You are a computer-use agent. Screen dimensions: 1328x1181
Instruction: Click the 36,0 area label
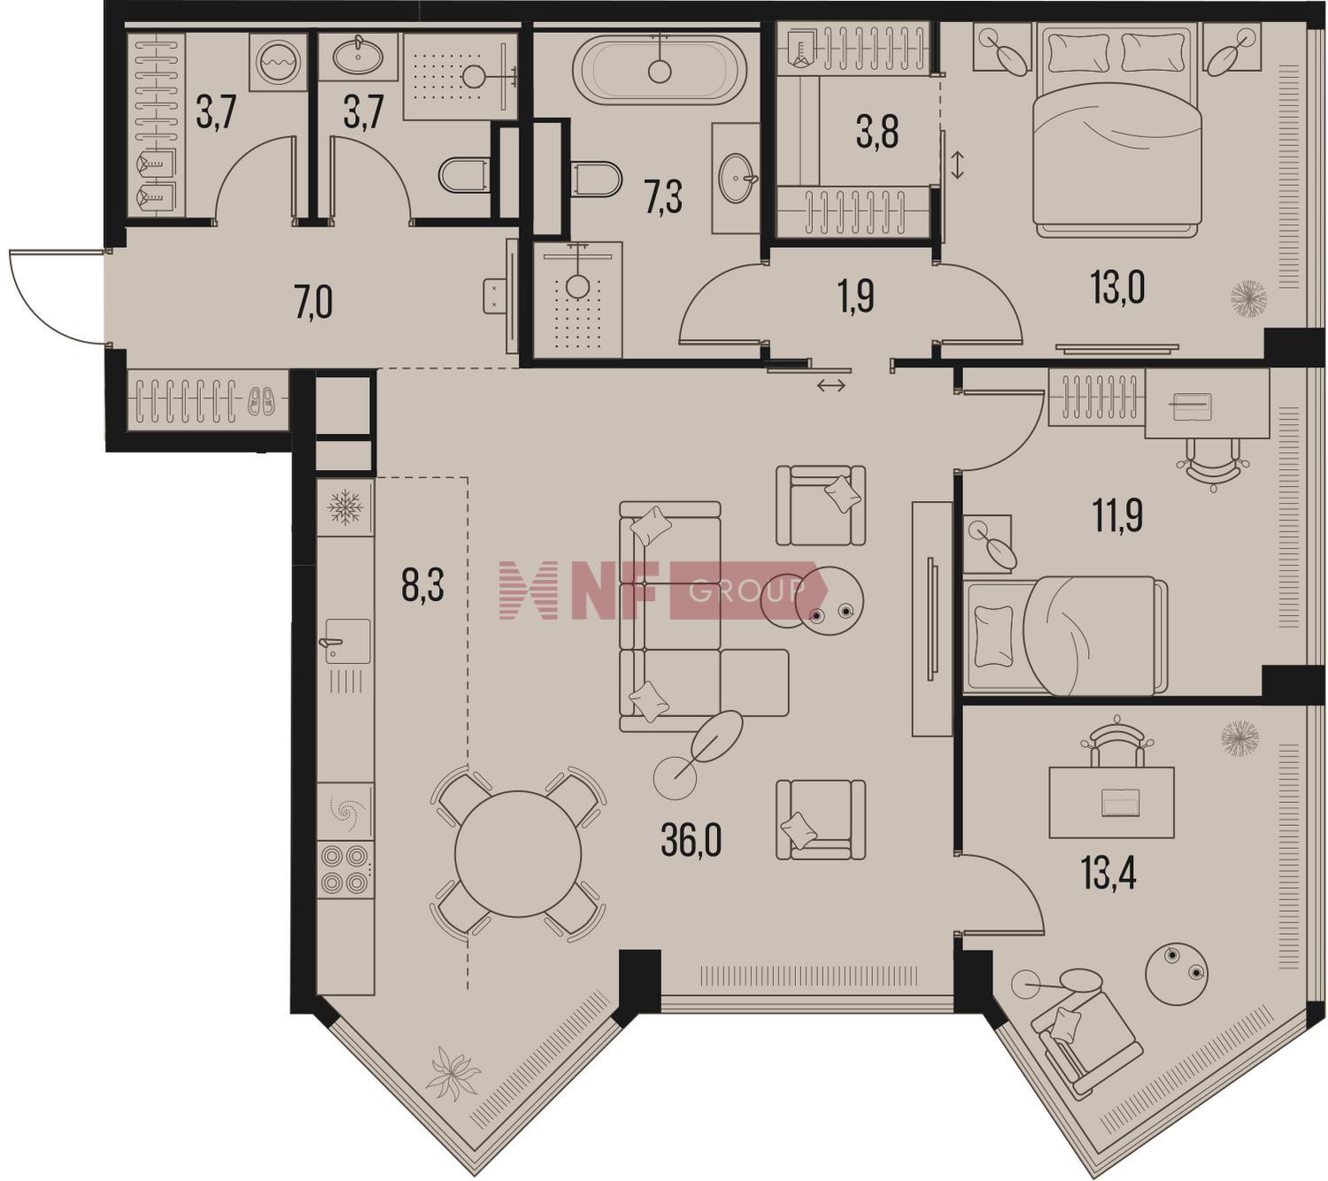[691, 841]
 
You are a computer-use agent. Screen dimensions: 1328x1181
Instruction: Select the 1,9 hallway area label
[856, 297]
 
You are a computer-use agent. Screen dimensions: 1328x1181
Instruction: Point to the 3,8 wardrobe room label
[877, 133]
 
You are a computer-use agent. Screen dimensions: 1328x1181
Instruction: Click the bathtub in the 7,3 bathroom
[660, 69]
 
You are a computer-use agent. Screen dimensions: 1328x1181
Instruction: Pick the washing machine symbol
[279, 62]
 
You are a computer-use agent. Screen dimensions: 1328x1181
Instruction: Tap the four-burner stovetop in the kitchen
[345, 870]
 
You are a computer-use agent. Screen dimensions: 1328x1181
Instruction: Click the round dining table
[518, 853]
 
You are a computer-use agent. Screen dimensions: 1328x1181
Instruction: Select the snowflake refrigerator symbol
[345, 507]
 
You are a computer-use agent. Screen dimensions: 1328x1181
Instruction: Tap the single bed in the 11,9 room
[1065, 635]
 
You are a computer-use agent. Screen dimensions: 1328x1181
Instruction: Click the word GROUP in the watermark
[747, 591]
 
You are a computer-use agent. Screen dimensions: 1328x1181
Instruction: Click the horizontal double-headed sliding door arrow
[831, 386]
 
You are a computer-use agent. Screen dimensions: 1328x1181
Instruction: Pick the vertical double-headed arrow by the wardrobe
[958, 166]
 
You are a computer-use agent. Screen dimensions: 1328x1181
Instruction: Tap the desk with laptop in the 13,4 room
[1112, 802]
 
